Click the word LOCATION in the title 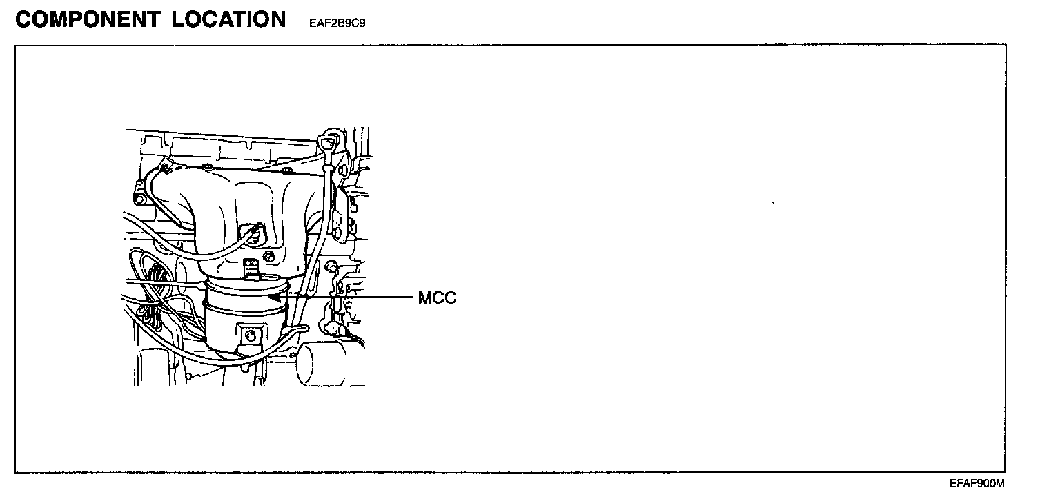[229, 19]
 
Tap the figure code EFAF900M [977, 483]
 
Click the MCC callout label [437, 298]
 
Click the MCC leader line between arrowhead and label [345, 298]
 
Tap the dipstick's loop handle [329, 142]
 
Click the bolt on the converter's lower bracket [250, 336]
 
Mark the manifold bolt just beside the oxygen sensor [270, 257]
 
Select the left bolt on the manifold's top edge [206, 167]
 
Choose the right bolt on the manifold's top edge [287, 170]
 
